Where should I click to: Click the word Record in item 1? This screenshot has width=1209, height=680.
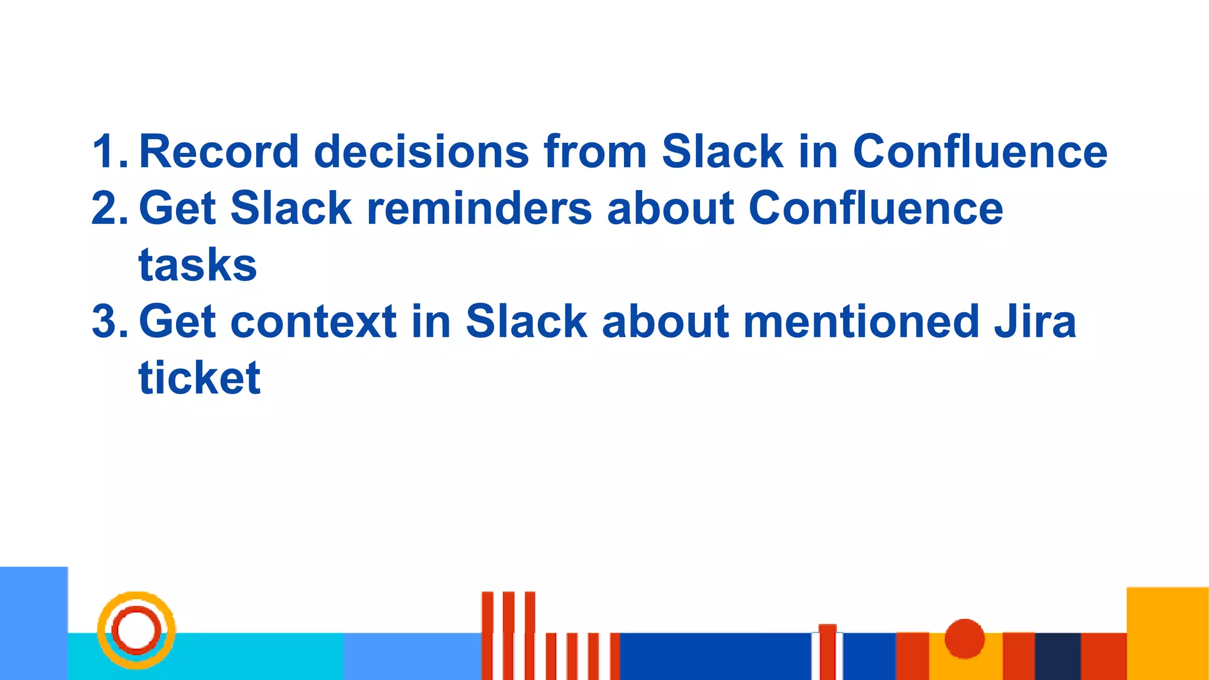(x=218, y=152)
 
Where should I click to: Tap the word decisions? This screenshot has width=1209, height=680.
(x=421, y=152)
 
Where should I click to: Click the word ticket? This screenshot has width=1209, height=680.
(x=200, y=378)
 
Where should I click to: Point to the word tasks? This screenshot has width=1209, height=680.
(x=198, y=265)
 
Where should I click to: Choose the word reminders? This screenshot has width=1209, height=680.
(x=479, y=208)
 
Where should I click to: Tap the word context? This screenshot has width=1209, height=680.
(x=313, y=322)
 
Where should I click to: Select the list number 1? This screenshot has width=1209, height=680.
(x=109, y=152)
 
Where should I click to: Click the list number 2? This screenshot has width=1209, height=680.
(x=109, y=208)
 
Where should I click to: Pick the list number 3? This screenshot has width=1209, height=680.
(x=109, y=322)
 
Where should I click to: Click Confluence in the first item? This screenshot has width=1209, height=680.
(x=980, y=152)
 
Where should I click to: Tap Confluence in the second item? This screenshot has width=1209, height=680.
(x=875, y=208)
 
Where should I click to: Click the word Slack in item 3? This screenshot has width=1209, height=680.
(x=526, y=322)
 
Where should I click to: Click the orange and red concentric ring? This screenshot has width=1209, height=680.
(x=136, y=630)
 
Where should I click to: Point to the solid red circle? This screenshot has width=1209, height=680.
(x=965, y=638)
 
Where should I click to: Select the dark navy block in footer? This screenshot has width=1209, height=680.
(x=1057, y=656)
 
